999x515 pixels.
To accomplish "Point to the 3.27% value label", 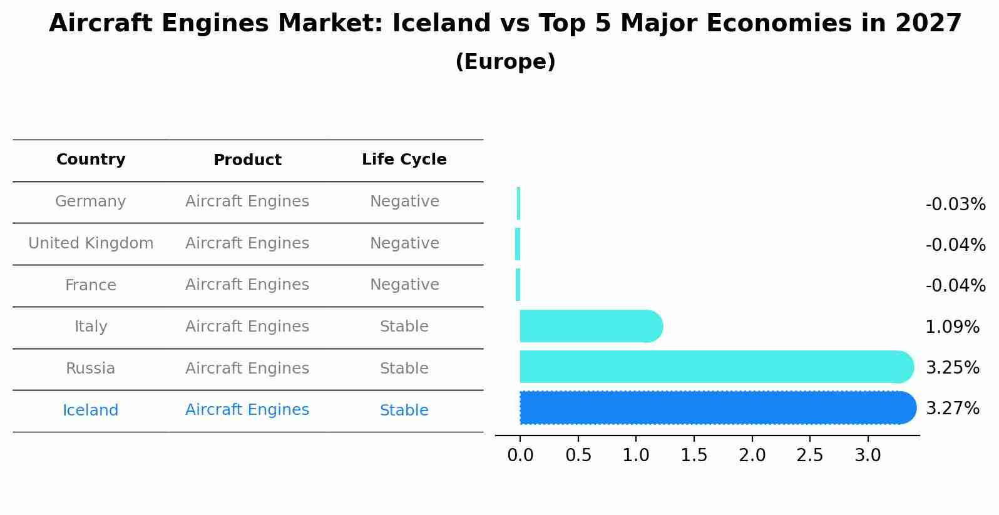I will pos(952,409).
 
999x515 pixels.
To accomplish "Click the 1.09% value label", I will pos(952,327).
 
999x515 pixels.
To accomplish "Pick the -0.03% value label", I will pos(955,205).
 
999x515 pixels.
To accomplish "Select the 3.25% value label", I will pos(952,367).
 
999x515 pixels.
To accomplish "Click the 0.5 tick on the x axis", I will pos(578,456).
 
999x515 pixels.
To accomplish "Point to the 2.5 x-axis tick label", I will pos(809,456).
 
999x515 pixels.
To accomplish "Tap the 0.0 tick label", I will pos(520,456).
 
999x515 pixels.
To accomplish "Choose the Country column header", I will pos(91,160).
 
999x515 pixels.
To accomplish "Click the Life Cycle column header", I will pos(404,160).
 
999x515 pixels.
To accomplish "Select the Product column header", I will pos(247,160).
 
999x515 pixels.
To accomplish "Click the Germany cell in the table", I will pos(91,201).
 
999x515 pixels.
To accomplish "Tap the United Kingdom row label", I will pos(91,243).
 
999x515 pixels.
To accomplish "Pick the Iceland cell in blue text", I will pos(91,410).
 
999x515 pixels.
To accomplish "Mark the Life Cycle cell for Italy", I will pos(404,327).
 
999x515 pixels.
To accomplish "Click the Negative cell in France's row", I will pos(404,285).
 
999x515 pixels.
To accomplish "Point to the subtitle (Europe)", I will pos(505,62).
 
